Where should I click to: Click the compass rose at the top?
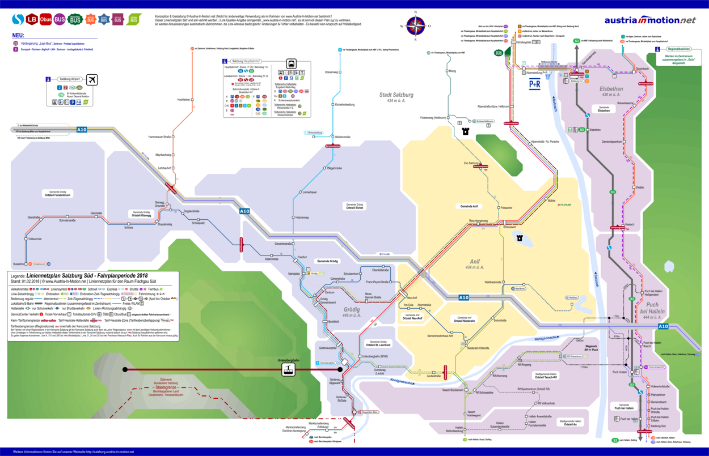[415, 25]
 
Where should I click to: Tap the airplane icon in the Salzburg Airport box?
[92, 79]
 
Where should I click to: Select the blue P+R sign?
[535, 84]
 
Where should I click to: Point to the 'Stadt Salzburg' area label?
[396, 95]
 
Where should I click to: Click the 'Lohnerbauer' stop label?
[309, 193]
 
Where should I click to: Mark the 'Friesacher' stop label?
[507, 208]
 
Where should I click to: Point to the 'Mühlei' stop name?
[551, 200]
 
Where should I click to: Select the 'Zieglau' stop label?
[640, 187]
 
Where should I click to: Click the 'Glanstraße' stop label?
[34, 217]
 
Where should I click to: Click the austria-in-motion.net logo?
[649, 20]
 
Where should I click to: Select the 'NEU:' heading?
[18, 35]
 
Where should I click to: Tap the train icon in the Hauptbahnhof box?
[291, 63]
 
